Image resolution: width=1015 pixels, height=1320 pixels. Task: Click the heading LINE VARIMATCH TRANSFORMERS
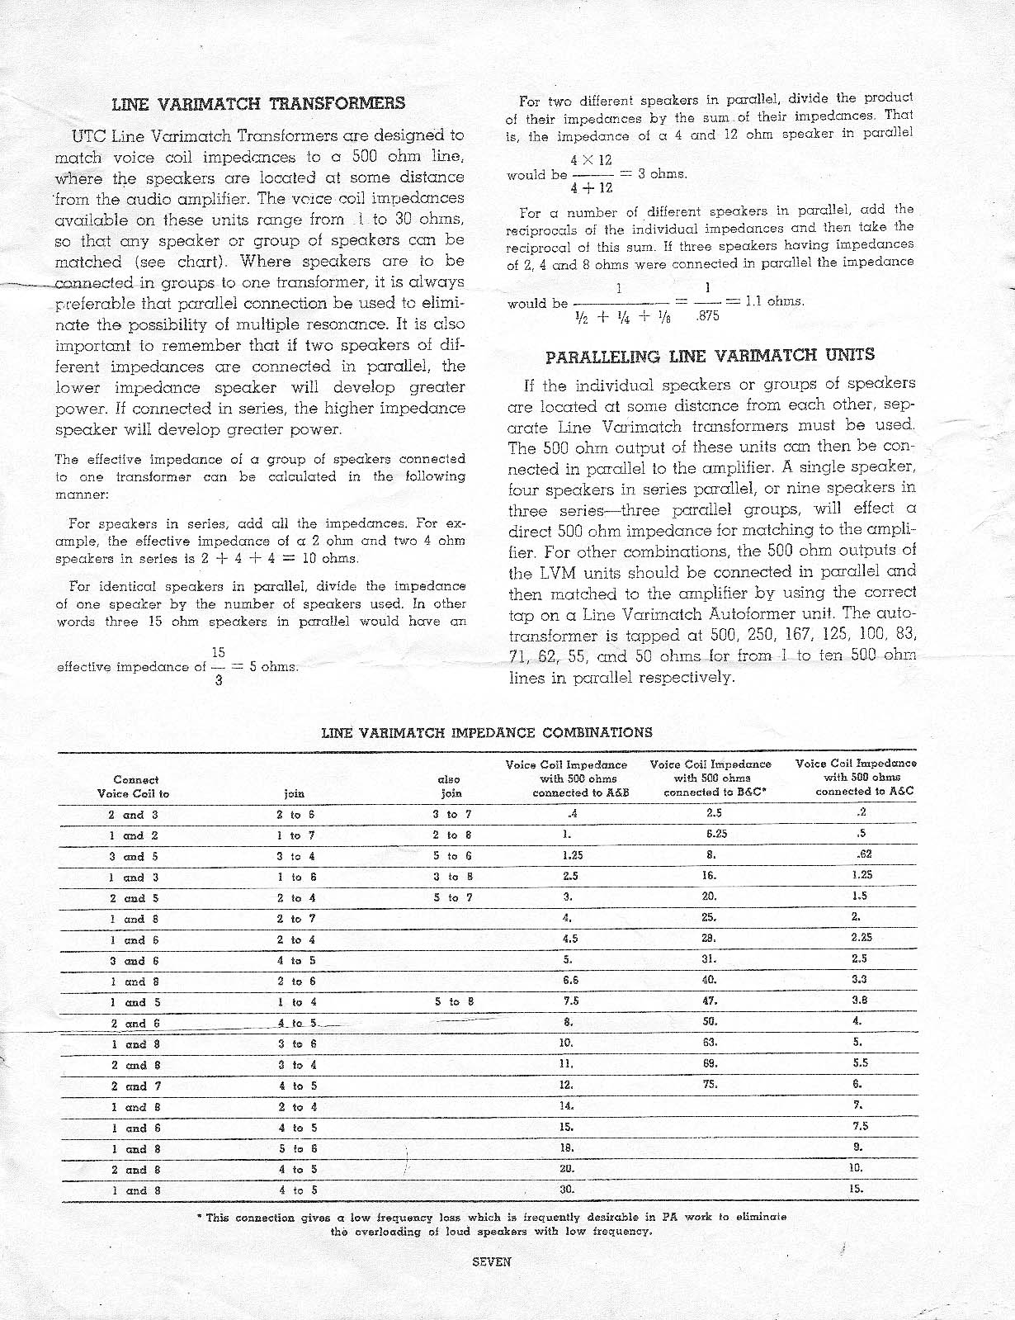coord(258,103)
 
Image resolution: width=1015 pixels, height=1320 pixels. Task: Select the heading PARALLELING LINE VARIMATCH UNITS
coord(710,356)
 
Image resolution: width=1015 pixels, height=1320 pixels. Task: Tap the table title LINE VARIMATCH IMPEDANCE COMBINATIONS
coord(487,732)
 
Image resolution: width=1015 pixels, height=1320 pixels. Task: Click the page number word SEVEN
coord(492,1261)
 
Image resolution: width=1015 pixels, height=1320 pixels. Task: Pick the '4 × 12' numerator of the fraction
coord(591,159)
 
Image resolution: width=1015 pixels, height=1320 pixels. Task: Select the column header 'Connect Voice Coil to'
coord(136,786)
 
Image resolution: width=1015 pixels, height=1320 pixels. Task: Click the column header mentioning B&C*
coord(710,778)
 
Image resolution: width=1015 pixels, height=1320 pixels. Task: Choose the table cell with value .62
coord(863,855)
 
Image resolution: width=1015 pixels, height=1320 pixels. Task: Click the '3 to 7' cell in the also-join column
coord(451,814)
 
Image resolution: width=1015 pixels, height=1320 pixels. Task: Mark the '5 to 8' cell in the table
coord(451,1002)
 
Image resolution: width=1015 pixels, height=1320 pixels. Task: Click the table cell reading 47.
coord(710,1001)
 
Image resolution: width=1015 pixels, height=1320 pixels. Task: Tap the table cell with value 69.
coord(710,1064)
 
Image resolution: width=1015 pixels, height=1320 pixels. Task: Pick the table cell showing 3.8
coord(859,1001)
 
